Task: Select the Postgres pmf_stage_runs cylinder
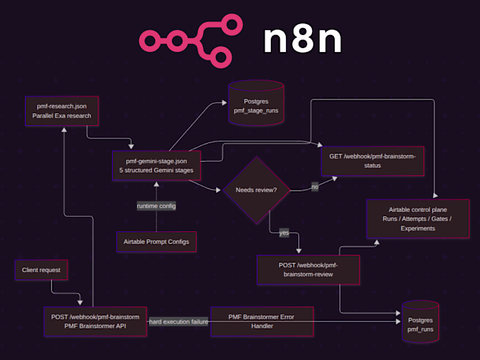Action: (x=255, y=104)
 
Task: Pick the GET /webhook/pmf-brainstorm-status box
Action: (x=372, y=161)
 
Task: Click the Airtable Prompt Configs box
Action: (x=156, y=241)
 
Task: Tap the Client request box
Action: (x=42, y=270)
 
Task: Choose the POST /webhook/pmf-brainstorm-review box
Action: (x=308, y=269)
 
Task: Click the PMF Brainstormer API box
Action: (x=95, y=322)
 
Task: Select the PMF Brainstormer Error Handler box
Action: (x=262, y=322)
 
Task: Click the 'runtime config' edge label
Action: (x=156, y=206)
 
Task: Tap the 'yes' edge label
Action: (x=284, y=233)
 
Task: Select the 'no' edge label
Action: (x=315, y=187)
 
